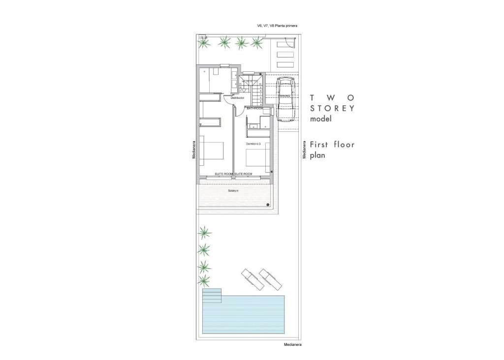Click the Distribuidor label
click(237, 98)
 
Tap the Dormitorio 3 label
click(253, 144)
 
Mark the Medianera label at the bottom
click(292, 345)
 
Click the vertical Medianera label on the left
click(195, 149)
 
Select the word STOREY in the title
click(332, 108)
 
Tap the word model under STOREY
click(321, 119)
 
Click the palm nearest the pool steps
click(203, 281)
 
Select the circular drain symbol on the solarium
click(267, 204)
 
